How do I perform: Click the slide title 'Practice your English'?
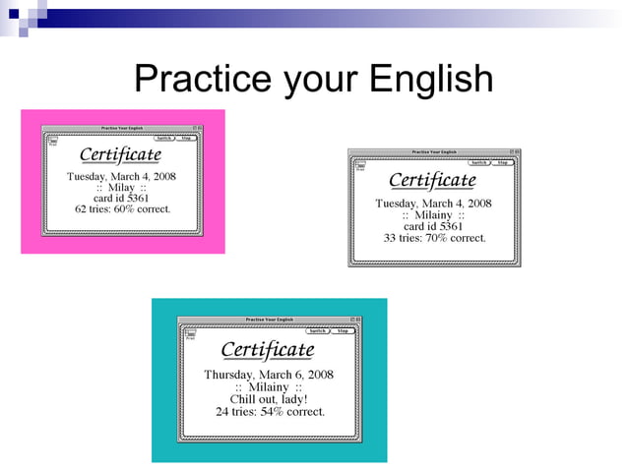[x=313, y=78]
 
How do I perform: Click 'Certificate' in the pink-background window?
[x=120, y=155]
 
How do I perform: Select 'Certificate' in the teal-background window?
[x=267, y=350]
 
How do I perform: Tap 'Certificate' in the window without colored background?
[x=432, y=181]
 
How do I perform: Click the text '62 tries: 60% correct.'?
[x=122, y=208]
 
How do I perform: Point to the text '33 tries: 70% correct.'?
[x=434, y=238]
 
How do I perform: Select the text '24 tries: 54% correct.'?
[x=270, y=411]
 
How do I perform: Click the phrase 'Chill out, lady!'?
[x=269, y=399]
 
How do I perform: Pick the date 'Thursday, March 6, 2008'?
[x=269, y=375]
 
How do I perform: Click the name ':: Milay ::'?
[x=121, y=187]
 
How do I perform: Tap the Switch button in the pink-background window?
[x=164, y=139]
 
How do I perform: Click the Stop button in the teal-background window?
[x=343, y=331]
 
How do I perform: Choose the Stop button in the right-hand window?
[x=502, y=163]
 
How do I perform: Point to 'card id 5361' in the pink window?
[x=121, y=198]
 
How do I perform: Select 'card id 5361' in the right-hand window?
[x=433, y=226]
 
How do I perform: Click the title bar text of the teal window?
[x=269, y=320]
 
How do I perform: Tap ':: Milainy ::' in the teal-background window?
[x=269, y=387]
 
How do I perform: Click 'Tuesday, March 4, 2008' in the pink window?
[x=121, y=176]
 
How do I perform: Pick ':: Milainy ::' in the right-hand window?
[x=433, y=214]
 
